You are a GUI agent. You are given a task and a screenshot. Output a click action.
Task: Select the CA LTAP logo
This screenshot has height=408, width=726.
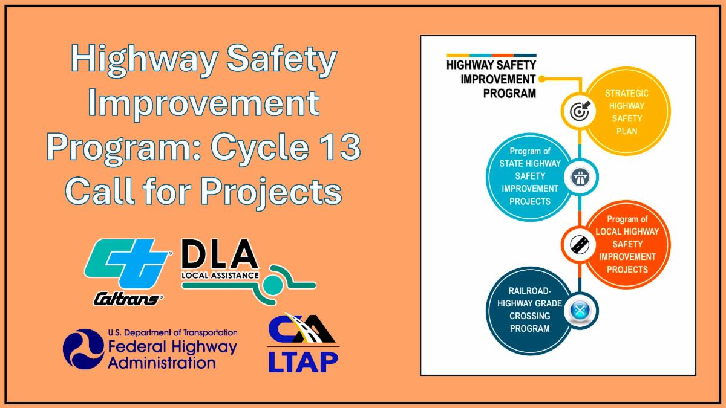coord(303,343)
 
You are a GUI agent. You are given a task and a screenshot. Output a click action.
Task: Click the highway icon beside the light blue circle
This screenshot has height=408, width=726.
coord(580,177)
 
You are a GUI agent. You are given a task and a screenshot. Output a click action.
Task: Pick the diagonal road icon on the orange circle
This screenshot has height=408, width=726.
coord(580,244)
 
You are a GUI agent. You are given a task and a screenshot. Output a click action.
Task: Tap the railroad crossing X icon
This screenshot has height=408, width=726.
coord(580,311)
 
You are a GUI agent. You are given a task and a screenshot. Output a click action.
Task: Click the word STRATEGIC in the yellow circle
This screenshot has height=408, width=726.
coord(627,93)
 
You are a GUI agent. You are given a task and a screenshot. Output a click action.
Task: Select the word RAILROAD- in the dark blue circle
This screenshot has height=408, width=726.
coord(529,291)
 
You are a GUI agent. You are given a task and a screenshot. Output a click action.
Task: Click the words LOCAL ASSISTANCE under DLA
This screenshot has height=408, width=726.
coord(220,276)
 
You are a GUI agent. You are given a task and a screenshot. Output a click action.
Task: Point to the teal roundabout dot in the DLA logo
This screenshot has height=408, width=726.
coord(273,285)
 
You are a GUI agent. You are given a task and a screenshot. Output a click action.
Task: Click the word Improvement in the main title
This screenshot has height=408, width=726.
coord(204,103)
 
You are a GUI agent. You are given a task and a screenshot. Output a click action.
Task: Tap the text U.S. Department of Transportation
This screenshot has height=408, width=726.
coord(172,332)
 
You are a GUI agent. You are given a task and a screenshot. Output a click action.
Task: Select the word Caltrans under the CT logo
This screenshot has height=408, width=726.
coord(128,300)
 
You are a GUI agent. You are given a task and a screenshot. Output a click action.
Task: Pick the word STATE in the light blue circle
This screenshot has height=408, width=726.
coord(511,164)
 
